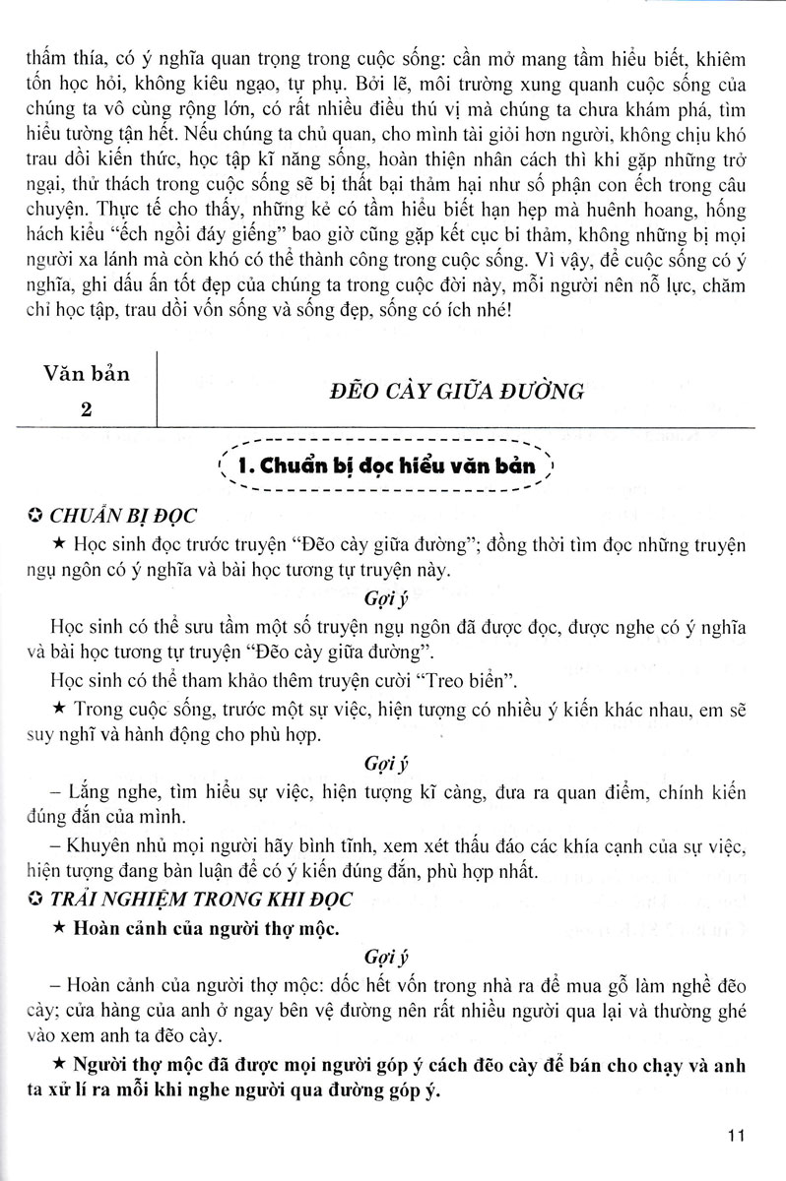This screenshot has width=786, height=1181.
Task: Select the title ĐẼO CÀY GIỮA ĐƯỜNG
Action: click(455, 391)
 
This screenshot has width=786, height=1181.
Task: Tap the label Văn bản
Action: click(87, 374)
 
